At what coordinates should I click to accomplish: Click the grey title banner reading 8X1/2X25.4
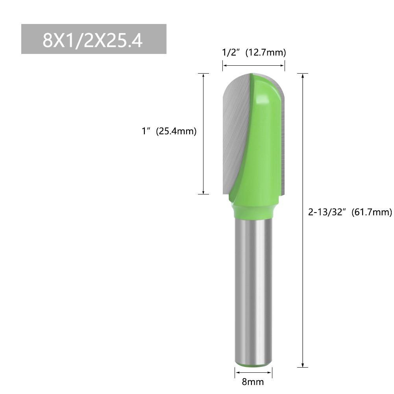(x=94, y=39)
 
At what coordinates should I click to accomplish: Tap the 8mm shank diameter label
(x=253, y=382)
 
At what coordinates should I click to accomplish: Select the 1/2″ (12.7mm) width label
(x=254, y=52)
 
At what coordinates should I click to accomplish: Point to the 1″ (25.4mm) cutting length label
(x=169, y=131)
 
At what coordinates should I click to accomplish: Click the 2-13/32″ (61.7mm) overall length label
(x=350, y=212)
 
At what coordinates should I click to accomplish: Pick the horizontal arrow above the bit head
(x=253, y=66)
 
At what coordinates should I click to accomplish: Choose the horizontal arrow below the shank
(x=253, y=373)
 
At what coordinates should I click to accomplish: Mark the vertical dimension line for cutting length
(x=203, y=134)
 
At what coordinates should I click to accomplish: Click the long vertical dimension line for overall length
(x=303, y=220)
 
